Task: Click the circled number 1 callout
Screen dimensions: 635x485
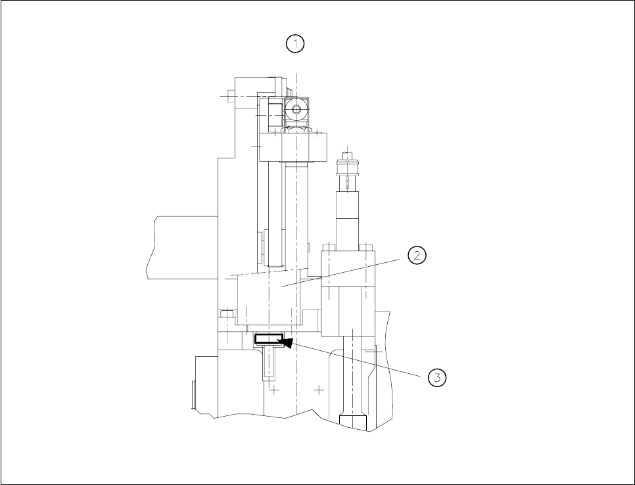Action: pyautogui.click(x=295, y=44)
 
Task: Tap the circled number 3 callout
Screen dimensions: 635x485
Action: pyautogui.click(x=436, y=377)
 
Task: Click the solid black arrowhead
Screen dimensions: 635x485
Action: pyautogui.click(x=287, y=342)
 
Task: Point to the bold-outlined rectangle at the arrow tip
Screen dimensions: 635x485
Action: pyautogui.click(x=268, y=339)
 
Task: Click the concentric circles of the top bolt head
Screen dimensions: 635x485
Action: pyautogui.click(x=297, y=110)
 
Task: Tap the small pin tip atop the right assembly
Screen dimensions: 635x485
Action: pyautogui.click(x=348, y=155)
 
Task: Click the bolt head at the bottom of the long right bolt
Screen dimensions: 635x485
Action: pyautogui.click(x=353, y=421)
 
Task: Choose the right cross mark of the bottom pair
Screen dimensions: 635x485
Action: pyautogui.click(x=319, y=390)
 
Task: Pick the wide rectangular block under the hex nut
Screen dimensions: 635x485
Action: pyautogui.click(x=293, y=146)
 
